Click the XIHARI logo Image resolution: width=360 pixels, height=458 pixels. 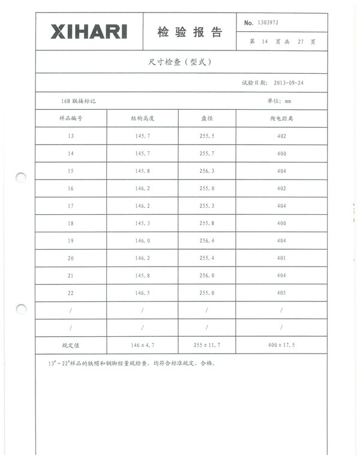[89, 32]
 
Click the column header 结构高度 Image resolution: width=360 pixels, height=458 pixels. [142, 118]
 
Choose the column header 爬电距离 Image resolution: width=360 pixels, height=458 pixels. [281, 118]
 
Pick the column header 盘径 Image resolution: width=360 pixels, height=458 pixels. [207, 118]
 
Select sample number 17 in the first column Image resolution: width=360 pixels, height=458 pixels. [71, 206]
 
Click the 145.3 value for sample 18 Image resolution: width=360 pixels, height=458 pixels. [142, 223]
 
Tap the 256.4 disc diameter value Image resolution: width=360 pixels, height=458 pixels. [207, 241]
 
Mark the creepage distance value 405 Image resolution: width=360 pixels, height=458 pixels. [281, 293]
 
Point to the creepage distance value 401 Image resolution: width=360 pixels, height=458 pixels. [281, 258]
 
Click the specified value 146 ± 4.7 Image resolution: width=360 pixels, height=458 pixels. [142, 346]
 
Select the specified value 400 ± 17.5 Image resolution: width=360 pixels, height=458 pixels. [281, 346]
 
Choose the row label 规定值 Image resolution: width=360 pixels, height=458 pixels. [71, 346]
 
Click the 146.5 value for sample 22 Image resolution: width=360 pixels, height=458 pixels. [142, 293]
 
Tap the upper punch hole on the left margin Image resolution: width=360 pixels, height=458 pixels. [21, 178]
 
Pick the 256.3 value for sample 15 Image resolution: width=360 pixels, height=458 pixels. [207, 171]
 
